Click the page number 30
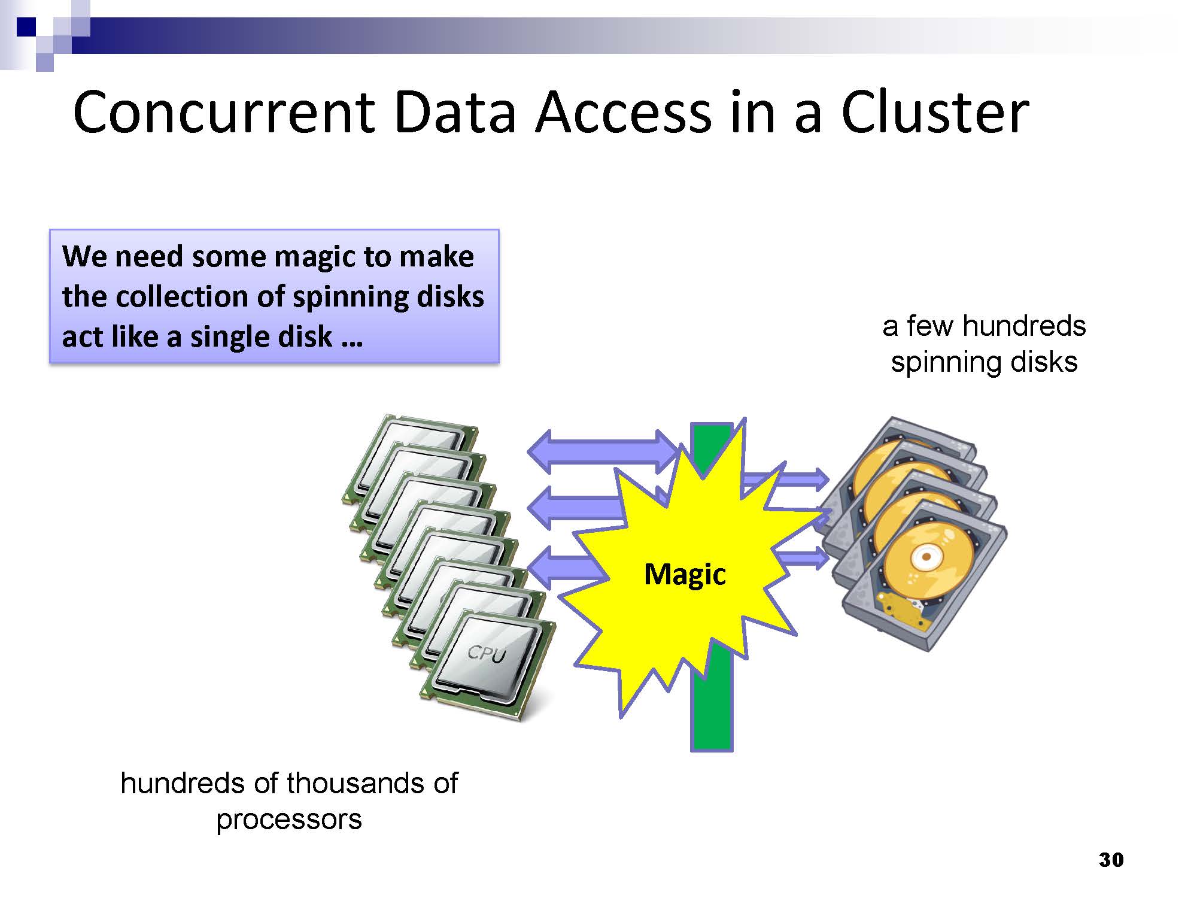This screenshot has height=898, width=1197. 1111,860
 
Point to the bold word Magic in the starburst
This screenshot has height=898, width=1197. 685,574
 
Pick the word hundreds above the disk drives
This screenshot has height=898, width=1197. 1024,326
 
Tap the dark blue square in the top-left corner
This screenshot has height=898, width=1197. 26,26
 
